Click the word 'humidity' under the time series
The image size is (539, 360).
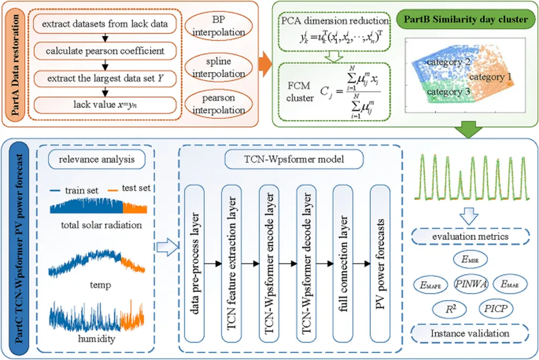point(96,338)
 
